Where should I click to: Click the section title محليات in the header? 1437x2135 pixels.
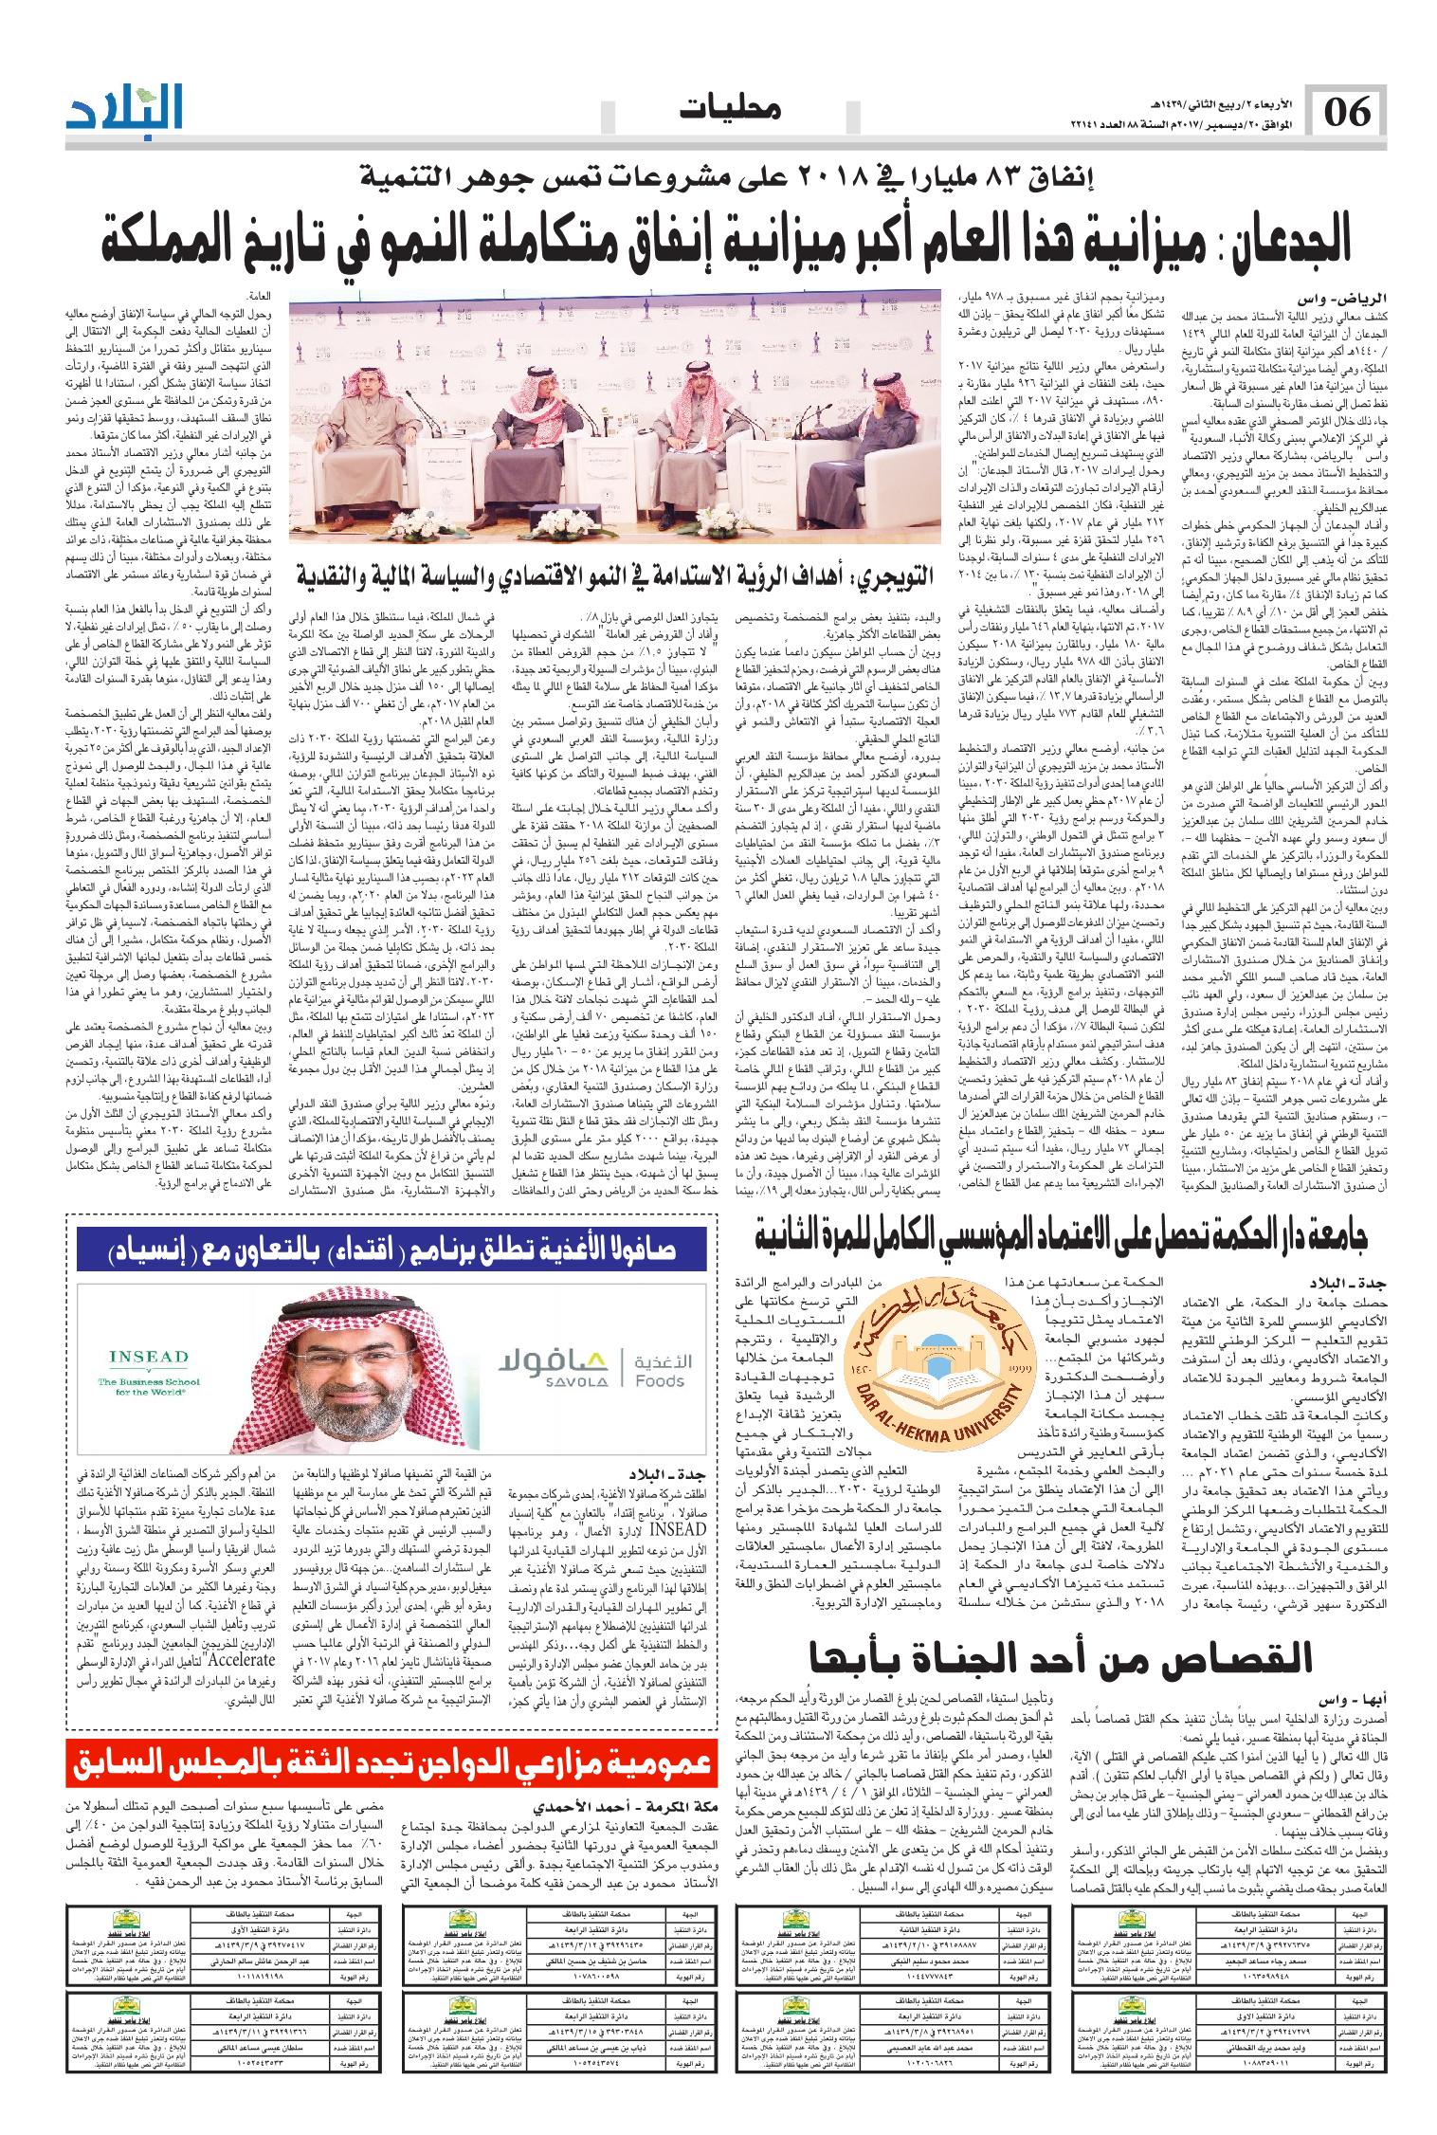(731, 111)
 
